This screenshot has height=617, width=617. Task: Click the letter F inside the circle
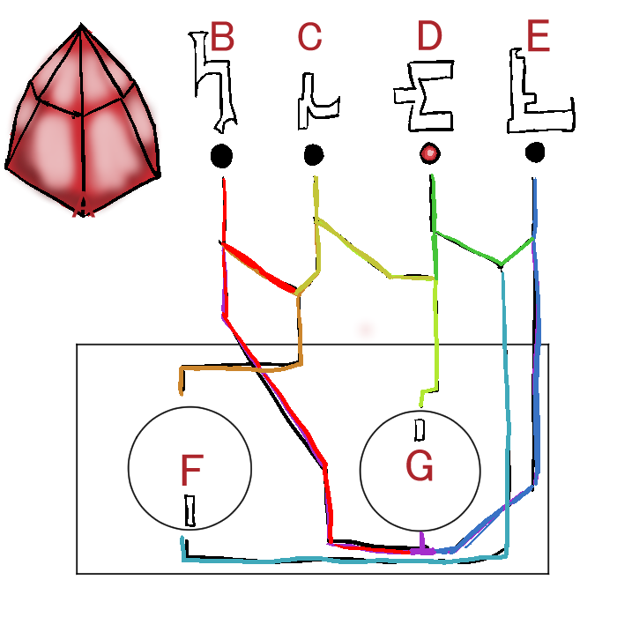click(x=190, y=471)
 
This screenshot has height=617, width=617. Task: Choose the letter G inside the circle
click(x=420, y=466)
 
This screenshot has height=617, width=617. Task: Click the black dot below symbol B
click(x=221, y=157)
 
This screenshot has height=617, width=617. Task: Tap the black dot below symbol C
click(x=314, y=155)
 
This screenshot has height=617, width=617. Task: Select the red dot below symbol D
click(x=429, y=153)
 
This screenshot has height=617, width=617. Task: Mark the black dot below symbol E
click(x=534, y=152)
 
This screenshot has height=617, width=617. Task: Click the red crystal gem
click(x=83, y=123)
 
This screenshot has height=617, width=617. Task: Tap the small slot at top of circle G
click(x=420, y=429)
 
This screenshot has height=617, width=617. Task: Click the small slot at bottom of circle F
click(x=190, y=510)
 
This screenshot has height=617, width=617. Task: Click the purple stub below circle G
click(x=424, y=541)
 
